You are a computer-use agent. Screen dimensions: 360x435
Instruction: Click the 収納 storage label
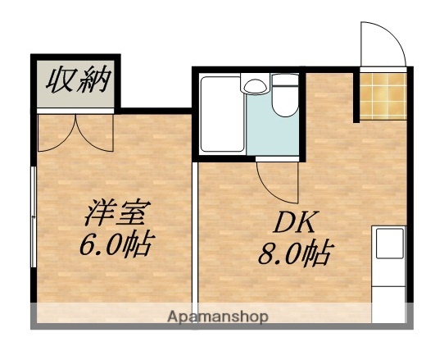(x=77, y=81)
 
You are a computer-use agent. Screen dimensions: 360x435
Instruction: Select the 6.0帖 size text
(x=116, y=244)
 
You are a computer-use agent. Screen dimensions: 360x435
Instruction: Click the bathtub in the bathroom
(x=222, y=114)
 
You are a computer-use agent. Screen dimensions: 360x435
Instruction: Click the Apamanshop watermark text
(x=218, y=317)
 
